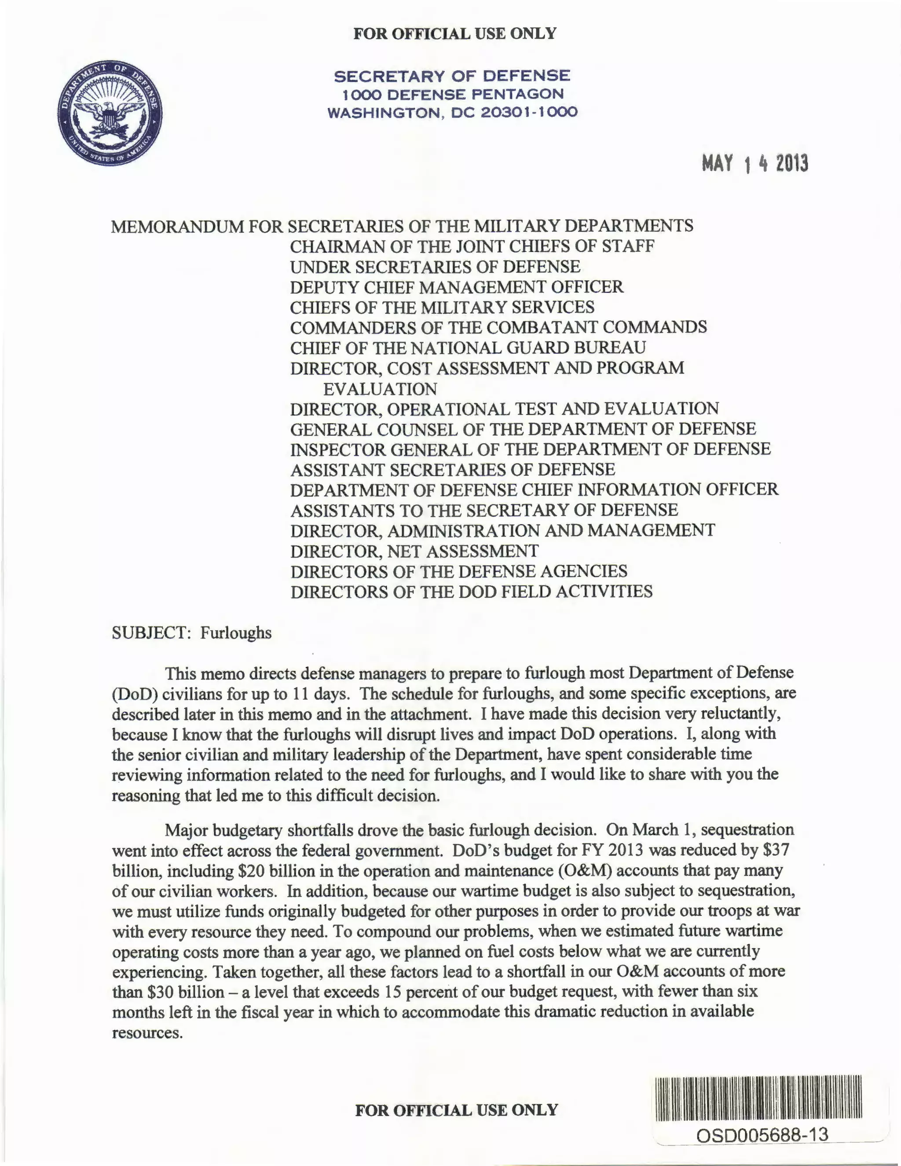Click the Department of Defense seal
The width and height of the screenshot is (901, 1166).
(x=110, y=113)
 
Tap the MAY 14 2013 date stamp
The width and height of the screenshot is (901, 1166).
(x=755, y=163)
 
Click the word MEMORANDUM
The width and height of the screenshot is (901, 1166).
(x=177, y=226)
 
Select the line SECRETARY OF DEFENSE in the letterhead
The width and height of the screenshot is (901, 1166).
(x=452, y=76)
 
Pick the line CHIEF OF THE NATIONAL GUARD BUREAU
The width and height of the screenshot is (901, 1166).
(x=468, y=348)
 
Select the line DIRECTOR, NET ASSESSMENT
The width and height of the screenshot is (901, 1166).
(x=414, y=551)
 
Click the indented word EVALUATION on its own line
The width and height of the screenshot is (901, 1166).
(x=380, y=389)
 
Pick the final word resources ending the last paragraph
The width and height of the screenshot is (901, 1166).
(x=147, y=1033)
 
